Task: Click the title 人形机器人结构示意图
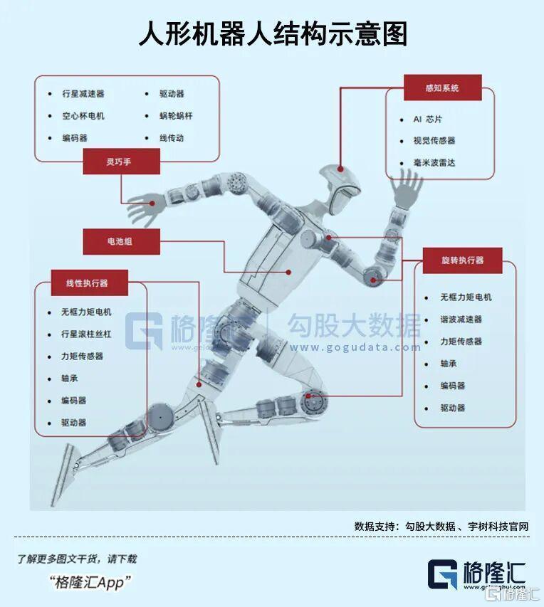272,33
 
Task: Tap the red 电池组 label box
120,242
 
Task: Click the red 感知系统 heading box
442,88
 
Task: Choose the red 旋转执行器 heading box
462,260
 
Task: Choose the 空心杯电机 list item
83,116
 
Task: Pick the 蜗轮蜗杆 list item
176,116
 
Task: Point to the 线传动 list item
172,138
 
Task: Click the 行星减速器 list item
83,94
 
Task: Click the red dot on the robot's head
340,170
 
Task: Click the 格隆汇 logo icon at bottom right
443,574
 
